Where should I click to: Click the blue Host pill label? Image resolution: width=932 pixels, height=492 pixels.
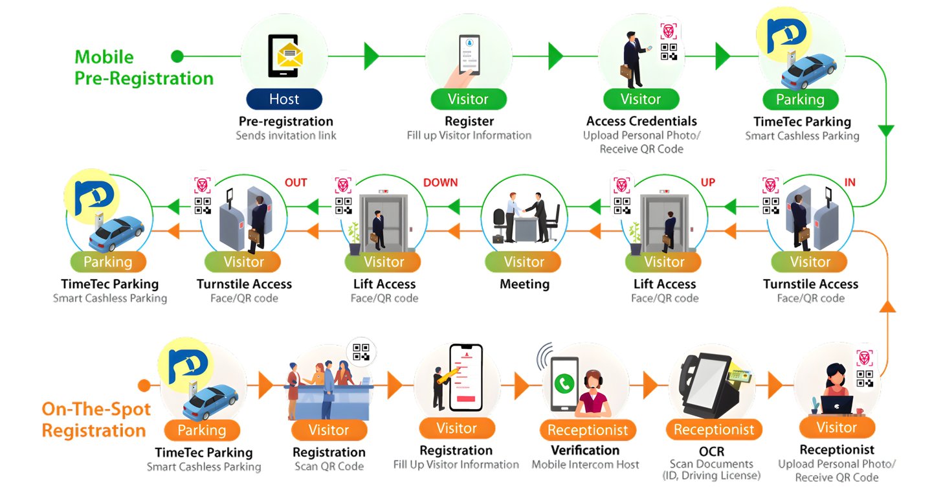[284, 99]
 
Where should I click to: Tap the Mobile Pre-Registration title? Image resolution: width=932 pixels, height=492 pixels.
[144, 68]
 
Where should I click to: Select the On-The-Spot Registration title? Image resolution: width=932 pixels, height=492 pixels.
[96, 419]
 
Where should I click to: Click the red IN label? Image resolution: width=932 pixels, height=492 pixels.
[850, 183]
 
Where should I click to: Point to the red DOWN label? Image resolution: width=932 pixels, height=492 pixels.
[440, 183]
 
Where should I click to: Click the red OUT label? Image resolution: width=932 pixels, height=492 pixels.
[296, 183]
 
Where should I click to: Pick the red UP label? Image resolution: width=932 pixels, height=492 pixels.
[708, 183]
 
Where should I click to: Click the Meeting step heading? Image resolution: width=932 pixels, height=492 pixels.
[524, 284]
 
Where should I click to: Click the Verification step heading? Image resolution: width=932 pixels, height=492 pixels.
[585, 450]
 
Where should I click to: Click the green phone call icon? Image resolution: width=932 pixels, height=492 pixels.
[564, 383]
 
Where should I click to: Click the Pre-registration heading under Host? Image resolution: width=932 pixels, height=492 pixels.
[285, 121]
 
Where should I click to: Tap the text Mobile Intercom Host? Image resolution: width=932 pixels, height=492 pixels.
[585, 464]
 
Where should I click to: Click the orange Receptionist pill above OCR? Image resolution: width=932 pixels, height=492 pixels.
[714, 430]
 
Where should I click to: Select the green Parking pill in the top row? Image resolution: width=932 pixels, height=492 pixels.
[800, 100]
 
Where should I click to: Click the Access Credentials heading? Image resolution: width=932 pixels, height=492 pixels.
[641, 121]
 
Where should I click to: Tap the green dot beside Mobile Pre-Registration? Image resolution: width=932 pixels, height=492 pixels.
[177, 56]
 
